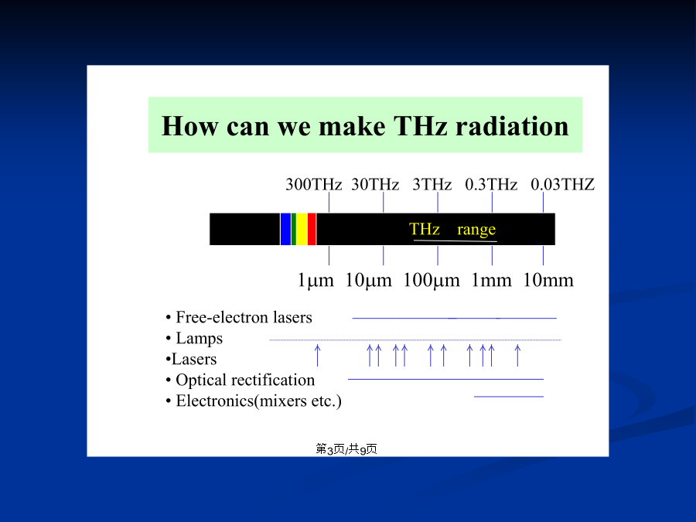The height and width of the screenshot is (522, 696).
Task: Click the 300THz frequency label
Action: [313, 184]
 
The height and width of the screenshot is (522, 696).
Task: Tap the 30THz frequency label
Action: [375, 184]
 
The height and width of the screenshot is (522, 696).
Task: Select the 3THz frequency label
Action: [432, 184]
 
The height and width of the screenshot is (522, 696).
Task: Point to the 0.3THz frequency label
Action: [491, 184]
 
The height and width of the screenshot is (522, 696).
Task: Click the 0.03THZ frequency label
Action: [562, 184]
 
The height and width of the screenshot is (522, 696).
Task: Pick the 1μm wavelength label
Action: [316, 281]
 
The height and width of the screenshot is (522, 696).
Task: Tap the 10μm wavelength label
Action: [368, 281]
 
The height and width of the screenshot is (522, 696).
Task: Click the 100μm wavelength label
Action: [431, 281]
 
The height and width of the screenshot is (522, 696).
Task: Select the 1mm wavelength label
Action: [491, 281]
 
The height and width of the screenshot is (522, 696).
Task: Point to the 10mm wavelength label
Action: [548, 281]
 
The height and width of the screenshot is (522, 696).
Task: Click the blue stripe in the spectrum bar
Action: [285, 229]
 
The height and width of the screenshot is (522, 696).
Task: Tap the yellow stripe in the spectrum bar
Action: [302, 229]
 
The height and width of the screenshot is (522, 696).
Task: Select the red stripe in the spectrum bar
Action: [312, 229]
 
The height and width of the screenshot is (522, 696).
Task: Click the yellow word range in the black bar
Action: [476, 230]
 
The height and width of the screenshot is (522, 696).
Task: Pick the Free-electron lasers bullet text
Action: [244, 317]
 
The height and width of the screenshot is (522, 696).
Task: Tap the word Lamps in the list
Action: [200, 339]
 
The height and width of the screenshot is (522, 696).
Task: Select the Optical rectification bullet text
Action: [245, 380]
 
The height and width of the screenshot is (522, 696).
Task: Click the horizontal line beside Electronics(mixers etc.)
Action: [509, 397]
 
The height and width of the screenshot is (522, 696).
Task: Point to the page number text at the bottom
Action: [346, 449]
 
